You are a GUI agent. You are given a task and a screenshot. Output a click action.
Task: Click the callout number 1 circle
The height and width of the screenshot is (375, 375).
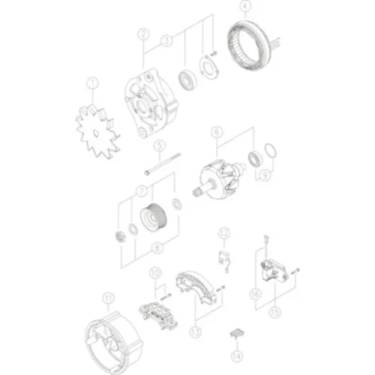click(x=93, y=83)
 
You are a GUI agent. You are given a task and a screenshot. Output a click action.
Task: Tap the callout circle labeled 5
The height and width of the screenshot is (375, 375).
click(x=158, y=145)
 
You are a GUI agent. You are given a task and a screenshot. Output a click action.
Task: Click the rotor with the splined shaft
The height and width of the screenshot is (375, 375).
click(x=224, y=180)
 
